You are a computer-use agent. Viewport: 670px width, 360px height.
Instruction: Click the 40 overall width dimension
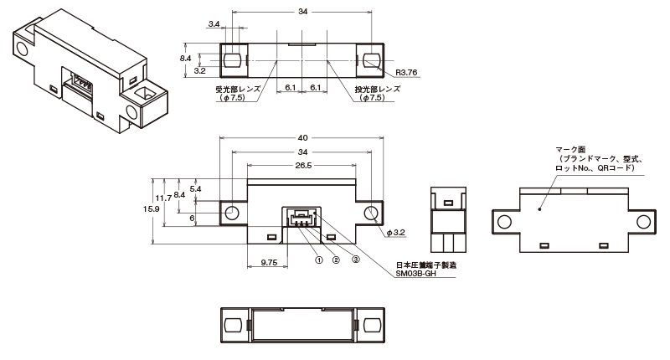302,138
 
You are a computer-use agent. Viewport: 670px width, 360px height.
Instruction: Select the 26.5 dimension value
303,165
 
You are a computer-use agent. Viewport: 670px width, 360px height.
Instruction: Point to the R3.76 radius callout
406,73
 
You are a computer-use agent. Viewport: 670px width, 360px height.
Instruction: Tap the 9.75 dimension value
269,263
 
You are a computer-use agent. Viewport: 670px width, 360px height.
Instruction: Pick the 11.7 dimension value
163,198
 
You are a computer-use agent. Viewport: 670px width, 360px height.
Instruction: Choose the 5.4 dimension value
195,188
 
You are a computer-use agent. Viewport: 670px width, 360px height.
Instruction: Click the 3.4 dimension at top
214,24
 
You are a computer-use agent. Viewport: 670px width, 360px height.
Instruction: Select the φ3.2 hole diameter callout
395,233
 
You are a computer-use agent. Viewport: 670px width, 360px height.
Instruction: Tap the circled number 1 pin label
319,260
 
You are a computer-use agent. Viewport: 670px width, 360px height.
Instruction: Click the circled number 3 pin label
355,260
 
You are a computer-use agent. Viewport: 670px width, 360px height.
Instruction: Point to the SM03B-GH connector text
415,273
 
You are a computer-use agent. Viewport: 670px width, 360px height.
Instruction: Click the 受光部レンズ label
238,90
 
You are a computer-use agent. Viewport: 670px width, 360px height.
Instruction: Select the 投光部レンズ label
378,90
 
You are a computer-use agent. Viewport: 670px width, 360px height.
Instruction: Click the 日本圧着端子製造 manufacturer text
426,265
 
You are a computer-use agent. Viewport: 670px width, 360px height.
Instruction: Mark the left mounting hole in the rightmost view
504,222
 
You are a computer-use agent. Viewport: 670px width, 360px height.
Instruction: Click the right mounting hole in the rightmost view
643,222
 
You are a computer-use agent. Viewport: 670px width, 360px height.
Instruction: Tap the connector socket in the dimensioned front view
301,218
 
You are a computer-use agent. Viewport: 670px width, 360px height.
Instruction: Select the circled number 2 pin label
336,260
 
